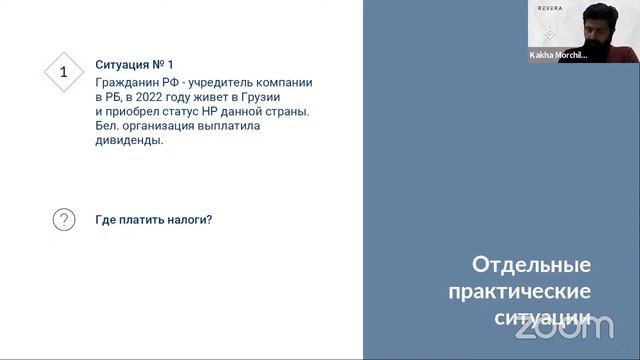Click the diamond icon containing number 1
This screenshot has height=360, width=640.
click(x=64, y=72)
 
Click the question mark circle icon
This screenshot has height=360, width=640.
click(x=64, y=219)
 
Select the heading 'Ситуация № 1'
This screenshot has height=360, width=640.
click(x=140, y=64)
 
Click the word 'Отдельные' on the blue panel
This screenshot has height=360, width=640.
click(x=531, y=265)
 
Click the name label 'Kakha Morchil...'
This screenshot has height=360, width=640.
click(x=558, y=56)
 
